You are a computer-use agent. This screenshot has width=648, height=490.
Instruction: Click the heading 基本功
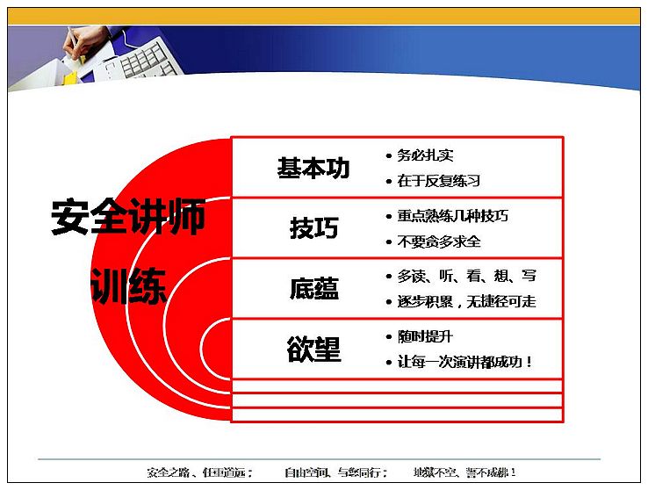tap(313, 168)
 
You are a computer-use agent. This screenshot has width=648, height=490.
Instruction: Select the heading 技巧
tap(314, 227)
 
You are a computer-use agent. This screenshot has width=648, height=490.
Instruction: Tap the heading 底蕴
tap(314, 288)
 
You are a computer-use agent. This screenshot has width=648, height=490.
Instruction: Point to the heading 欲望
tap(314, 349)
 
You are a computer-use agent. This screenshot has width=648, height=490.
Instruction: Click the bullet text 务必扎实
tap(425, 155)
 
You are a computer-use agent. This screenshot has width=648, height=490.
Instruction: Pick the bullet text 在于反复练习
tap(439, 181)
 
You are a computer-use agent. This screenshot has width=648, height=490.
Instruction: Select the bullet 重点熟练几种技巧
tap(452, 216)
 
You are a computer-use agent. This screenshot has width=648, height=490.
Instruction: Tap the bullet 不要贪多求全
tap(439, 241)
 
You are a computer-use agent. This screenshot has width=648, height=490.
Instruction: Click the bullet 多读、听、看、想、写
tap(467, 276)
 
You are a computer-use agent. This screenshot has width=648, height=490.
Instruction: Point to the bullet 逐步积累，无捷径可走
tap(466, 301)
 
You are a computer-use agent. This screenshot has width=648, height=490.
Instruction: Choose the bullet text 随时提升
tap(425, 336)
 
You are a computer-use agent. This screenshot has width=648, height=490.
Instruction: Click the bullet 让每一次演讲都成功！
tap(464, 363)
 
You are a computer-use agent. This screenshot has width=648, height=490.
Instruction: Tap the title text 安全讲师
tap(128, 217)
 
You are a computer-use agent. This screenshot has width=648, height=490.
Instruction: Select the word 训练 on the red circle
tap(128, 285)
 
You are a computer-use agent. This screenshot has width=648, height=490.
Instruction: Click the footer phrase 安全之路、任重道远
tap(200, 472)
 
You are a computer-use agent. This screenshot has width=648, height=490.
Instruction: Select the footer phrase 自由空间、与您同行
tap(336, 472)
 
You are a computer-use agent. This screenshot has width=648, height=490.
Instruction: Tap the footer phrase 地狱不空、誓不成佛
tap(464, 472)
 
